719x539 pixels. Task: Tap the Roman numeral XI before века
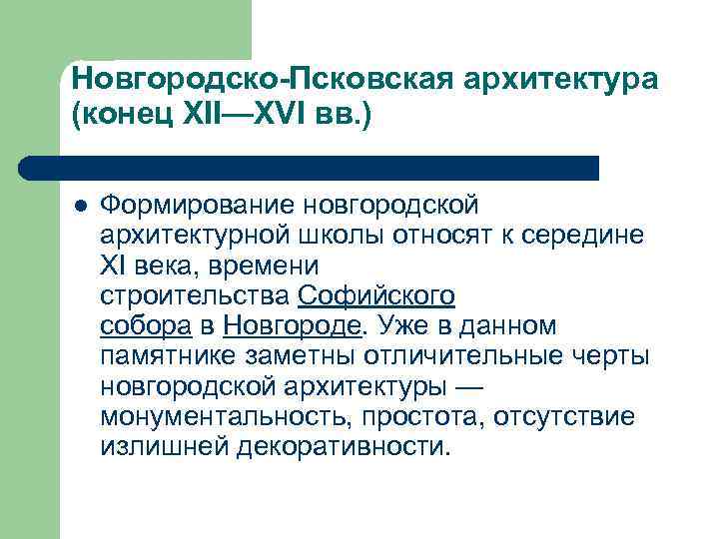[x=114, y=266]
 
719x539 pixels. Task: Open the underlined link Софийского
[x=376, y=295]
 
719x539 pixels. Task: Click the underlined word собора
[x=146, y=325]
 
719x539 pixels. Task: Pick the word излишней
[x=164, y=445]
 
